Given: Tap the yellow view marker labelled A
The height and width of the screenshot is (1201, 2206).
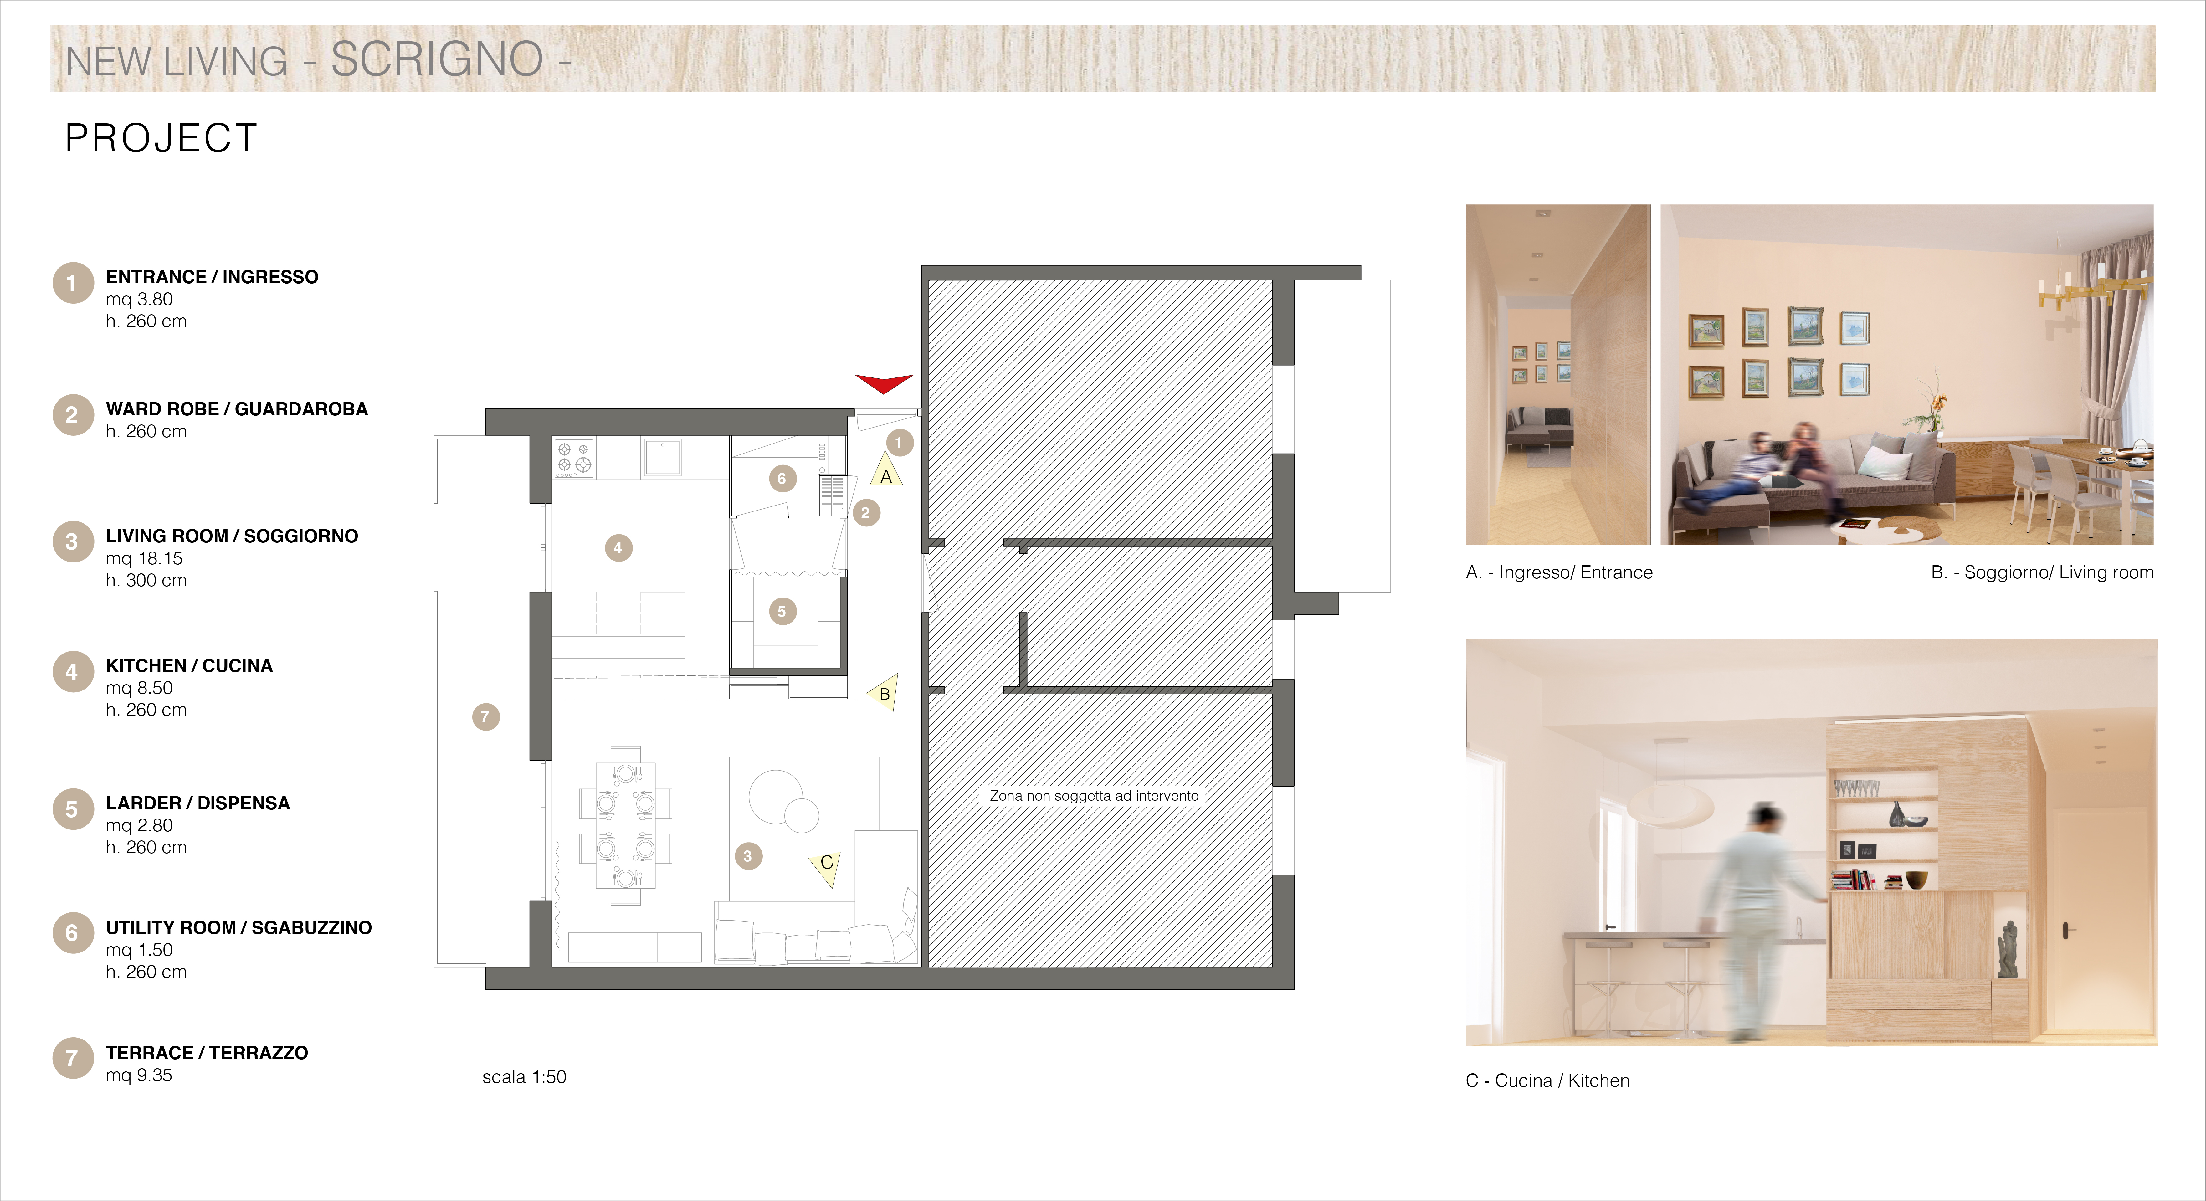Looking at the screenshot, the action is (x=886, y=471).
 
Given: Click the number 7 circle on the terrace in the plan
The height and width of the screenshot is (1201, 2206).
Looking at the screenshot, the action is (x=485, y=717).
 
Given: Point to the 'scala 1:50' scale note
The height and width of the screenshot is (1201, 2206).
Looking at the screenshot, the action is (x=524, y=1077).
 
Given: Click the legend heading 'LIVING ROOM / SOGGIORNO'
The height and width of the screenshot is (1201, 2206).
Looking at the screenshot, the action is (x=232, y=536).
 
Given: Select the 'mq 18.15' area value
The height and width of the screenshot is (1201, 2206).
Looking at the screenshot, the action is (x=144, y=558).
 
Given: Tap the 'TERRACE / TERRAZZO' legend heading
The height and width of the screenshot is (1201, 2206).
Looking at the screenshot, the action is (x=206, y=1053).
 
